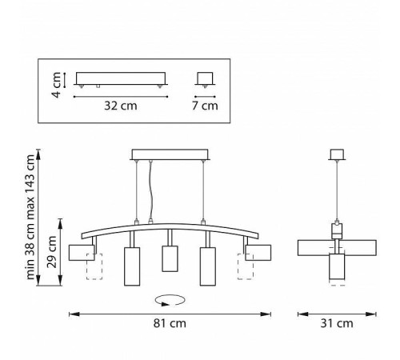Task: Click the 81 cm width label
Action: tap(170, 323)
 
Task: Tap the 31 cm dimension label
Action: tap(337, 323)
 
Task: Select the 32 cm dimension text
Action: tap(121, 106)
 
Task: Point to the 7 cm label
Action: tap(205, 106)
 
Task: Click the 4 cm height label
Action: tap(58, 85)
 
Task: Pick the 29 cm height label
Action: tap(52, 252)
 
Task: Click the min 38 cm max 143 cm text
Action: tap(30, 217)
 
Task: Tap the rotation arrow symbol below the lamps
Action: tap(170, 301)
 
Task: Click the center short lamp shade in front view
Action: tap(170, 258)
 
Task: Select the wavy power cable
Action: tap(151, 191)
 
